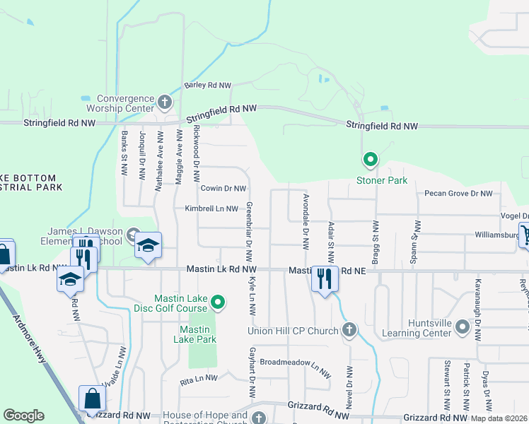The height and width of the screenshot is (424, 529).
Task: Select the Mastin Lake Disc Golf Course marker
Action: pyautogui.click(x=219, y=303)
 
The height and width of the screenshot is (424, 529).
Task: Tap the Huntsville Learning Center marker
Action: pyautogui.click(x=463, y=327)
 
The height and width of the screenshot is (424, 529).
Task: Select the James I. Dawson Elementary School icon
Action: pyautogui.click(x=149, y=245)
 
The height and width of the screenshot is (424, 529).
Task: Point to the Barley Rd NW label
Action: pyautogui.click(x=208, y=86)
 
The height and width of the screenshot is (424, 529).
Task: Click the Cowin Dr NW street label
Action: pyautogui.click(x=223, y=189)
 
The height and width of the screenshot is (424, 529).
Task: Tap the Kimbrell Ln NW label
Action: pyautogui.click(x=211, y=208)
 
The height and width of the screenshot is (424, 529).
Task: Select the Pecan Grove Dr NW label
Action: pyautogui.click(x=458, y=193)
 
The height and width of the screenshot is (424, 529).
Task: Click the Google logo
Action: pyautogui.click(x=23, y=416)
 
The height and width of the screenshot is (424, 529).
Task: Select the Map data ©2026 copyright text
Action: pyautogui.click(x=499, y=418)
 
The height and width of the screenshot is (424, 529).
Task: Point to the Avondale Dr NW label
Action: pyautogui.click(x=306, y=222)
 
